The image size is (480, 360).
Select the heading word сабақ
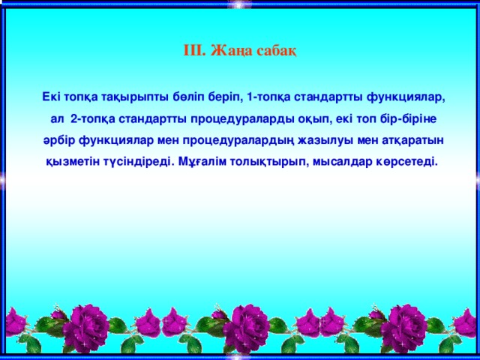coord(278,50)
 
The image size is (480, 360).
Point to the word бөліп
coord(188,97)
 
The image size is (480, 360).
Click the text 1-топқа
coord(268,97)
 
